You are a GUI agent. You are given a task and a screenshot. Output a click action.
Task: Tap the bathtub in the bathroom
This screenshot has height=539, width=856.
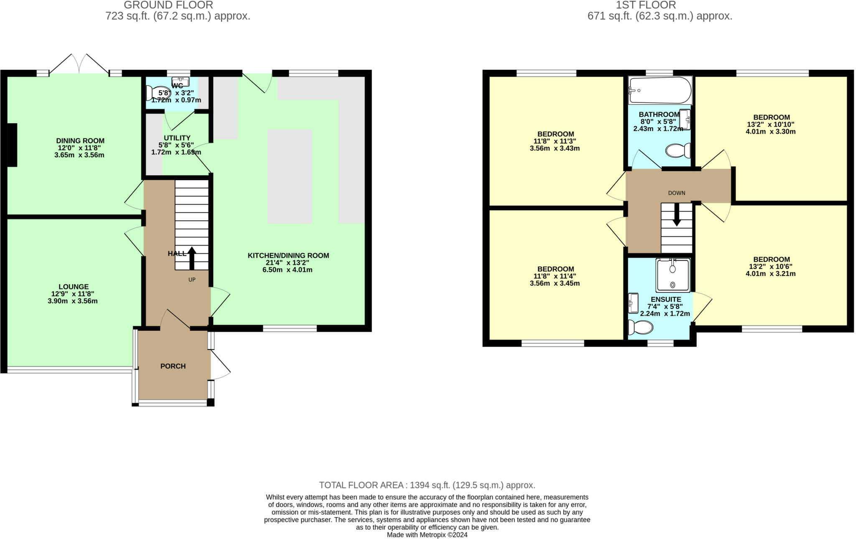coord(660,90)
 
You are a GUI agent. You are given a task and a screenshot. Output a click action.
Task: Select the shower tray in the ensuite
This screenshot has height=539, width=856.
coord(673,275)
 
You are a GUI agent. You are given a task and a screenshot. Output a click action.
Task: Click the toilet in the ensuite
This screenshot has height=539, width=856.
coord(641,327)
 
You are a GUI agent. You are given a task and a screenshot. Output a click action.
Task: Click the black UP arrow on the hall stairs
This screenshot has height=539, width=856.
coord(192,258)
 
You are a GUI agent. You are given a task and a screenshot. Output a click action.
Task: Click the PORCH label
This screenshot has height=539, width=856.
coord(173,366)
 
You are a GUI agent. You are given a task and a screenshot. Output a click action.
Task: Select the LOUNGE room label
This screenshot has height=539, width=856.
coord(74,287)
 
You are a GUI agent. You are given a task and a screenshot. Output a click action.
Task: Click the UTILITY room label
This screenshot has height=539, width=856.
coord(177,138)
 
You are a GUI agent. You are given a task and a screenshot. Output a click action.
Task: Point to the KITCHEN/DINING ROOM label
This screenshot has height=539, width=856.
coord(288,255)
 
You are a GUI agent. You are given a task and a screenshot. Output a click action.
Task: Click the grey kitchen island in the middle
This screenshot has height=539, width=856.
coord(290,176)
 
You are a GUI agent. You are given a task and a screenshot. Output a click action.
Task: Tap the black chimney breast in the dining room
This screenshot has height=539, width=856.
coord(12,145)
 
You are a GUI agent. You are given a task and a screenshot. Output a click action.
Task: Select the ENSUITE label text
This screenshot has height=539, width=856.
coord(666,299)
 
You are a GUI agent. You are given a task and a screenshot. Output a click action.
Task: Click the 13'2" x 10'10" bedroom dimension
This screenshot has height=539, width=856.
coord(770,124)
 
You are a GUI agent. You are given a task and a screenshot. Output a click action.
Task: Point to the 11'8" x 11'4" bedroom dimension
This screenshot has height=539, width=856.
coord(555,276)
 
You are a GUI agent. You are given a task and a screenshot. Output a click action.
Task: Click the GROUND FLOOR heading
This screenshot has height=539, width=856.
coord(168,5)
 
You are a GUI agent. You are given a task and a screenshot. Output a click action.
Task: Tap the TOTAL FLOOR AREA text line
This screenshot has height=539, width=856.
coord(427,485)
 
